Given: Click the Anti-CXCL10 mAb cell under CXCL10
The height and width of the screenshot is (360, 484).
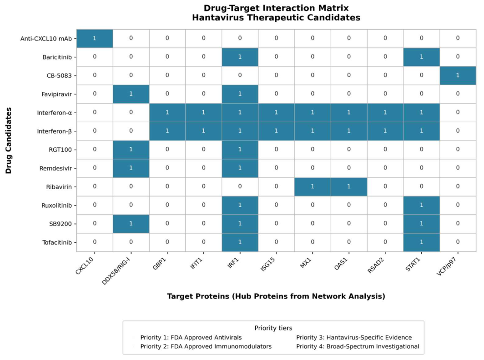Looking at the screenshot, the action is [95, 39].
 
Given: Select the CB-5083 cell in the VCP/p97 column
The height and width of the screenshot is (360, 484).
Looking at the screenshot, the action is [458, 75].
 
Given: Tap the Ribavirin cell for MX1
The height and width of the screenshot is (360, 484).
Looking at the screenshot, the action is [313, 187].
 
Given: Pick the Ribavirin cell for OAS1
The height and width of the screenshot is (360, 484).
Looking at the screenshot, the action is [349, 187].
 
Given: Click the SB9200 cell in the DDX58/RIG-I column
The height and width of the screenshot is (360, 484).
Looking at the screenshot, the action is [131, 224].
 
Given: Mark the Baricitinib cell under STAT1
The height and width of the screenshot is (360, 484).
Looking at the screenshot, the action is [421, 57].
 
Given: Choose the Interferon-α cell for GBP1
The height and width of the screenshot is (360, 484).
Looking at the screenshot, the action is [167, 113].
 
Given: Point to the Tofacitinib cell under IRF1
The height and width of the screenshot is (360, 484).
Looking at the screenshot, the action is [240, 242].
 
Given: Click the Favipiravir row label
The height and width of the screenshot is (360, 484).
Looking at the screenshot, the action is [56, 94].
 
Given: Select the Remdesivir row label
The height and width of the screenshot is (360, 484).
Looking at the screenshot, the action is [55, 169].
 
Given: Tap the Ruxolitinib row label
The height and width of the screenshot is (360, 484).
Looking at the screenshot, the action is [56, 205].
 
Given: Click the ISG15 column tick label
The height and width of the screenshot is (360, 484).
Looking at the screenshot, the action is [268, 264].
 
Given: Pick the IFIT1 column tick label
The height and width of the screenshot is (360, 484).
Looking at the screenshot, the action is [197, 264].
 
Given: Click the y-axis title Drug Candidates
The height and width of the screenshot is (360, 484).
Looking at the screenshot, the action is [8, 140].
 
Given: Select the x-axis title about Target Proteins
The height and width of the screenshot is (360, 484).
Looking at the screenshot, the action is [276, 296].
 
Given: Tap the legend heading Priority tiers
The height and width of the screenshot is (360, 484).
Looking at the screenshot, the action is [273, 328].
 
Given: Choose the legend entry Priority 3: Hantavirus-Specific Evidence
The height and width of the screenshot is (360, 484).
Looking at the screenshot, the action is [354, 337].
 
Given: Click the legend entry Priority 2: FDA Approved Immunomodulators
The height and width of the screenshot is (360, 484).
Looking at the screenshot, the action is [206, 346].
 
